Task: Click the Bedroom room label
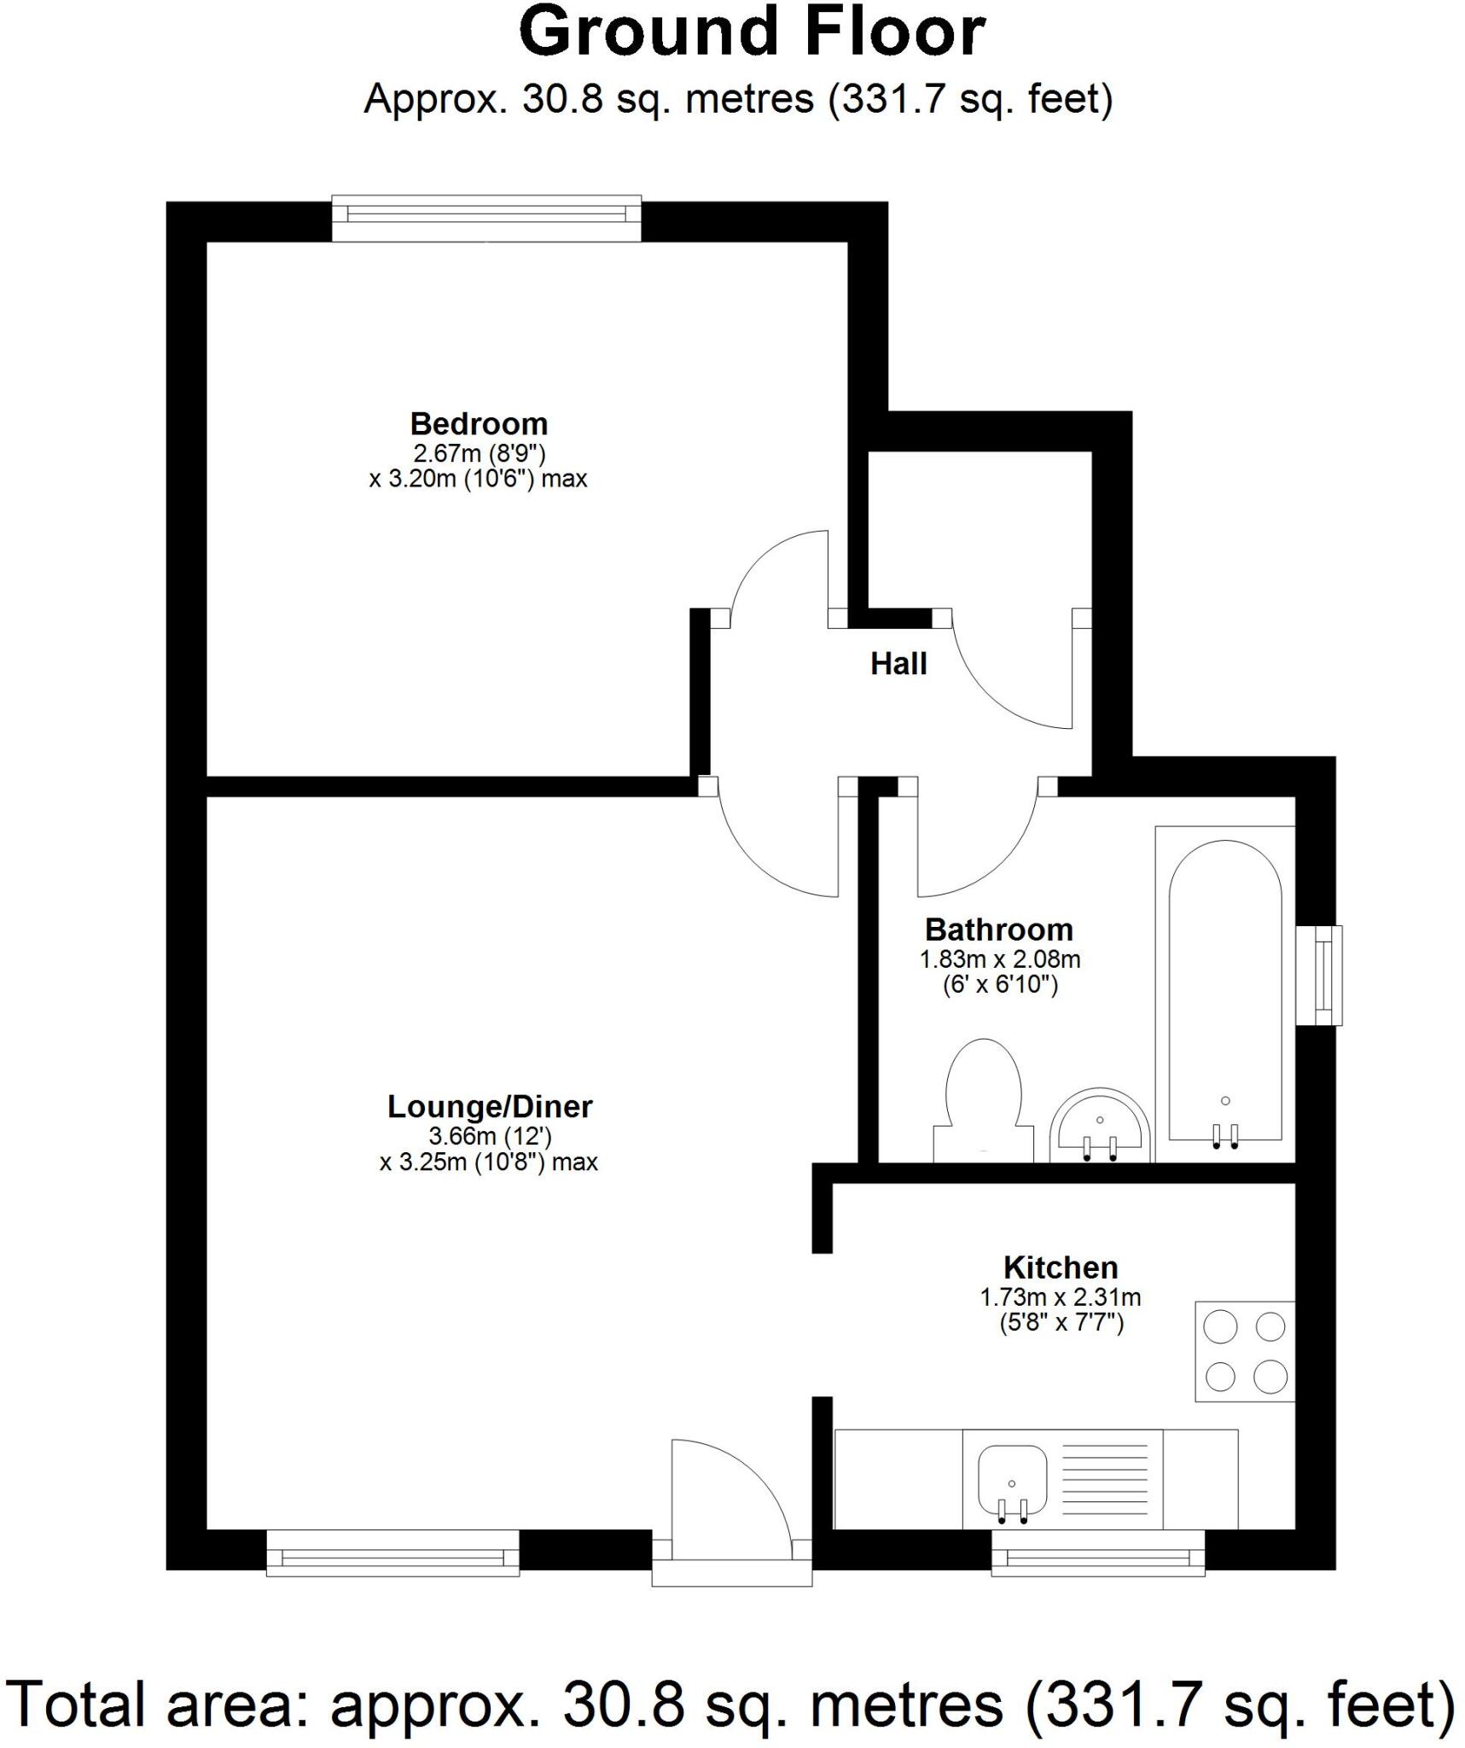coord(478,424)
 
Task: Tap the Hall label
coord(898,664)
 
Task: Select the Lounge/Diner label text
coord(489,1107)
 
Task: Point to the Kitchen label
coord(1060,1267)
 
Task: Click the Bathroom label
coord(998,929)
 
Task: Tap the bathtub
coord(1224,990)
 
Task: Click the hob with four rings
coord(1244,1351)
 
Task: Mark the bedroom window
coord(486,218)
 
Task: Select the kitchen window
coord(1097,1553)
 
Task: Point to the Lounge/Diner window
coord(392,1553)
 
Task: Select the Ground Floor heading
coord(751,32)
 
